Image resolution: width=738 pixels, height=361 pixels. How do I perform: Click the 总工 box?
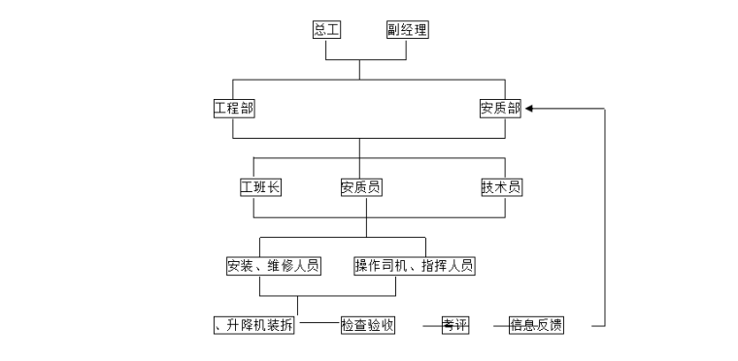click(x=326, y=29)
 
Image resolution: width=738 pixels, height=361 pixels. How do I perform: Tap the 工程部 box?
click(x=234, y=108)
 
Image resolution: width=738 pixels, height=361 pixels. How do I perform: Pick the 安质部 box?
click(x=500, y=108)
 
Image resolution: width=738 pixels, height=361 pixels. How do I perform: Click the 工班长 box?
click(x=260, y=187)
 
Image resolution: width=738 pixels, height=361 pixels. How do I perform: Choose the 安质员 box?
click(x=360, y=187)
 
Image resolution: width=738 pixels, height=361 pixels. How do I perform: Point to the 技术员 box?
click(x=501, y=187)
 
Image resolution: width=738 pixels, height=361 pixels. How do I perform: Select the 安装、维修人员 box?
click(x=273, y=265)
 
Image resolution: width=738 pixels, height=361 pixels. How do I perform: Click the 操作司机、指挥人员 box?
click(x=414, y=265)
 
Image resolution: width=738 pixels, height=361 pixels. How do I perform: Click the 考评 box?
click(x=454, y=325)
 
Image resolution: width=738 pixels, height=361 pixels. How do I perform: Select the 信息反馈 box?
click(x=536, y=325)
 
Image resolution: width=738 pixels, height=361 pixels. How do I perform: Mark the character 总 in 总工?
click(x=319, y=29)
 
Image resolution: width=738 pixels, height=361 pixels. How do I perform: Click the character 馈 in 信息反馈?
click(x=556, y=325)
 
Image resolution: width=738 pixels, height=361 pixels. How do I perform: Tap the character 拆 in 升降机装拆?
click(x=285, y=325)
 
